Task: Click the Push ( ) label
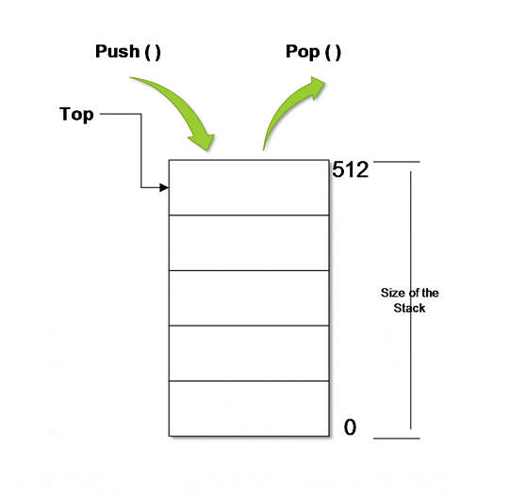pos(128,52)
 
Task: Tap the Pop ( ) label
pos(313,52)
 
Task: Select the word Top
pos(76,115)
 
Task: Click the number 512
pos(351,169)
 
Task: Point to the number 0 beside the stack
pos(350,427)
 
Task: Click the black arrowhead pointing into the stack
pos(164,187)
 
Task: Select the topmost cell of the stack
pos(249,187)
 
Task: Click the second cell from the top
pos(249,243)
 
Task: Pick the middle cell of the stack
pos(249,298)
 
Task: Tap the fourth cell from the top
pos(249,353)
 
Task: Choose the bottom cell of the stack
pos(249,408)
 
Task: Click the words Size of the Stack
pos(410,300)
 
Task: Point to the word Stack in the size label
pos(410,308)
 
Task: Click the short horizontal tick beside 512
pos(396,162)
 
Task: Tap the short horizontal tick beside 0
pos(396,438)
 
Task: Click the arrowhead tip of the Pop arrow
pos(325,82)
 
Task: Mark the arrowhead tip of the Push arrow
pos(207,151)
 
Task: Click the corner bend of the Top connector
pos(141,114)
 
